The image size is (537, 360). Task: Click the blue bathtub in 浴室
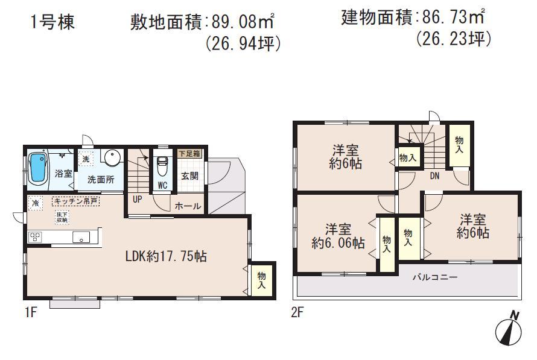coord(38,168)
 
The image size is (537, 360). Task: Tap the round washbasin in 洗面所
coord(112,158)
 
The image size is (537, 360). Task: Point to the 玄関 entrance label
coord(188,176)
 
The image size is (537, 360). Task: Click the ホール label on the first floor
coord(188,206)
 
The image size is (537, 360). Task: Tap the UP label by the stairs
coord(137,198)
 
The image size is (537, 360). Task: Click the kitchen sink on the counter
coord(81,237)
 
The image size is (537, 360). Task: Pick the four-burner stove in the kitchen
coord(34,237)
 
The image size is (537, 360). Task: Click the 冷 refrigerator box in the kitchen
coord(36,203)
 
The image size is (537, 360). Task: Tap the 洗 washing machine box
coord(86,159)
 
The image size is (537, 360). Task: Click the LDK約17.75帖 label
coord(166,256)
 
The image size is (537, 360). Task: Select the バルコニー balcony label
coord(435,278)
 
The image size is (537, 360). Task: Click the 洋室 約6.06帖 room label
coord(338,236)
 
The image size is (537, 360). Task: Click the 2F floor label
coord(297,314)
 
